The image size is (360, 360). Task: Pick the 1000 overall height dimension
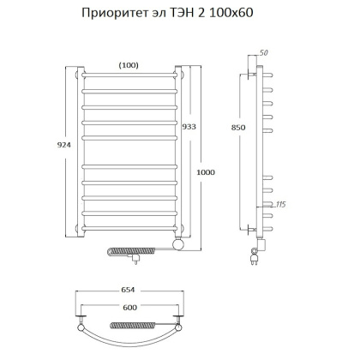[x=207, y=172]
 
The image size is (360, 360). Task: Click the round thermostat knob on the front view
[x=177, y=247]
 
